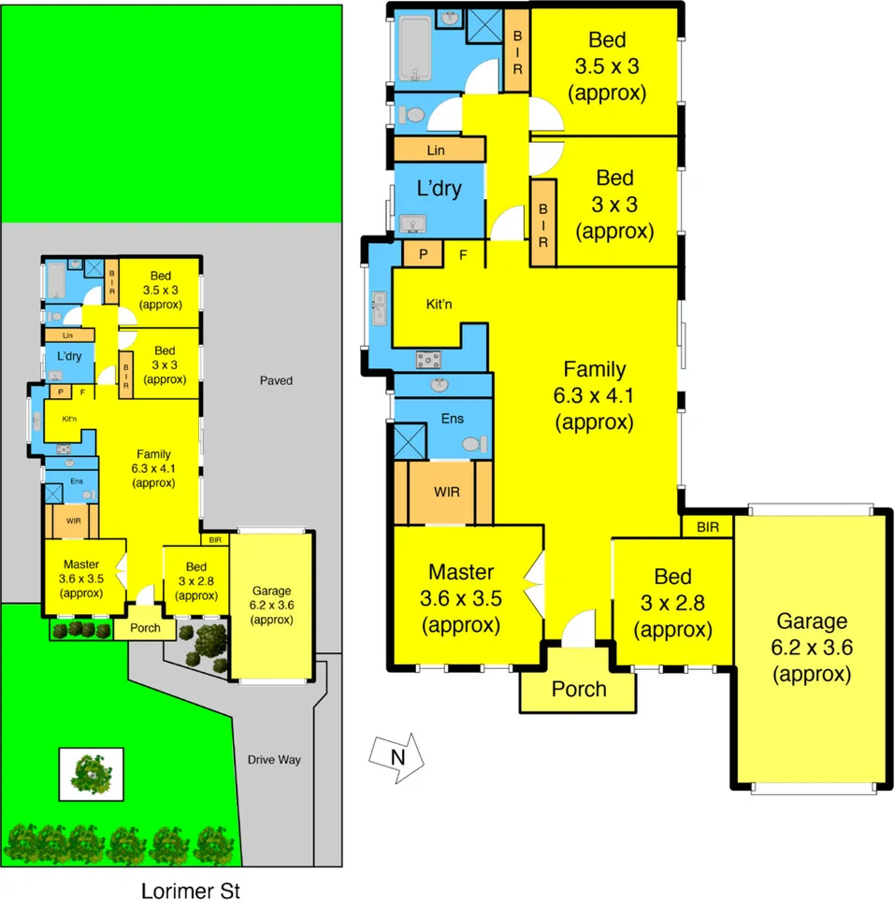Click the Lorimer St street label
(x=191, y=891)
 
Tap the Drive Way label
(x=275, y=759)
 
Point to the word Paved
(x=276, y=380)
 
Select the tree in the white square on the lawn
(x=91, y=774)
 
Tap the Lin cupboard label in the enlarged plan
(x=435, y=150)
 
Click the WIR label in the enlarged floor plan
(x=445, y=492)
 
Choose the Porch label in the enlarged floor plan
(x=578, y=690)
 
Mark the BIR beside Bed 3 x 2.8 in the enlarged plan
(x=708, y=527)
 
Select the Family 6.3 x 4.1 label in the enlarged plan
(x=594, y=395)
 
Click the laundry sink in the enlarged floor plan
(x=411, y=224)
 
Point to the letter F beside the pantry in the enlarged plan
(x=462, y=253)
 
